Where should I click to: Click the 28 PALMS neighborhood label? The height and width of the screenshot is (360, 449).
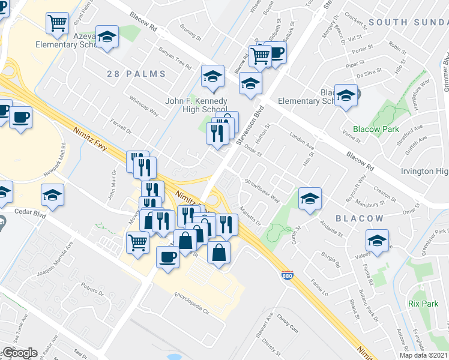pos(136,74)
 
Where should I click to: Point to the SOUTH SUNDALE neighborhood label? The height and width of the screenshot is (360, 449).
pos(408,22)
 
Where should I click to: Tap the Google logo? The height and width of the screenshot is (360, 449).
pos(19,352)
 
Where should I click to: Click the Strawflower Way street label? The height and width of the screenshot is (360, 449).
pos(262,190)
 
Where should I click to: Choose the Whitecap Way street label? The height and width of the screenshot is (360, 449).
pos(143,106)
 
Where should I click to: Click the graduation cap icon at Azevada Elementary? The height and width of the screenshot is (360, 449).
pos(107,37)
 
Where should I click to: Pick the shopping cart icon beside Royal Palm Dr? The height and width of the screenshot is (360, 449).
pos(57,23)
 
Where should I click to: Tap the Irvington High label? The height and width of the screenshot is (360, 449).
pos(425,172)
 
